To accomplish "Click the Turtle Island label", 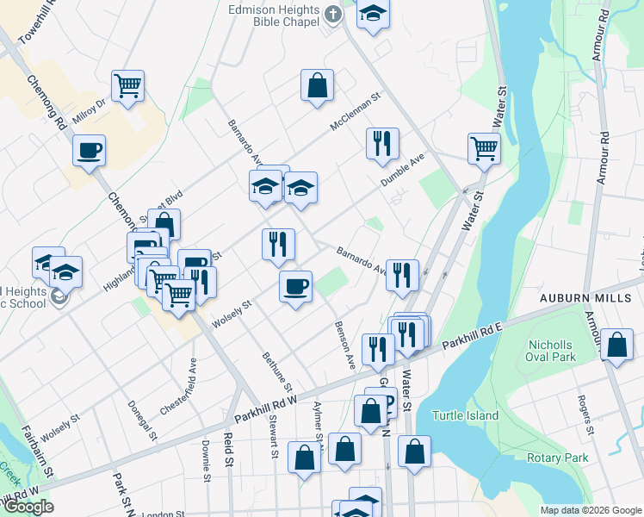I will [x=465, y=416].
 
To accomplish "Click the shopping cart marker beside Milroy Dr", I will [x=127, y=86].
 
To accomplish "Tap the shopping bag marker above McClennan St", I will [x=317, y=85].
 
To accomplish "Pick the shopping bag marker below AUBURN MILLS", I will [x=616, y=346].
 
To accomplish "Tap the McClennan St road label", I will [x=356, y=114].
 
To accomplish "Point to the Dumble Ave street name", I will [x=404, y=172].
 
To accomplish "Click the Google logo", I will [x=28, y=507].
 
